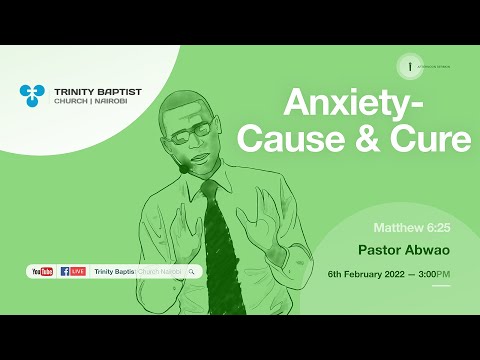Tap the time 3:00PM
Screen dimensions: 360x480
click(436, 273)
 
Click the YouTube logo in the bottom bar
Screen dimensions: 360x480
click(43, 271)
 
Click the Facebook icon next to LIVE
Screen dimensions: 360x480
click(65, 271)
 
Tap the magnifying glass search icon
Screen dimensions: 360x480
click(191, 271)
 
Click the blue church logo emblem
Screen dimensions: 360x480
click(32, 96)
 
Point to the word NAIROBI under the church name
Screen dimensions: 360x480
click(117, 103)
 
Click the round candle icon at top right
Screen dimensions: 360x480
click(408, 67)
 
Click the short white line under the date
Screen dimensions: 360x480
click(441, 286)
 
